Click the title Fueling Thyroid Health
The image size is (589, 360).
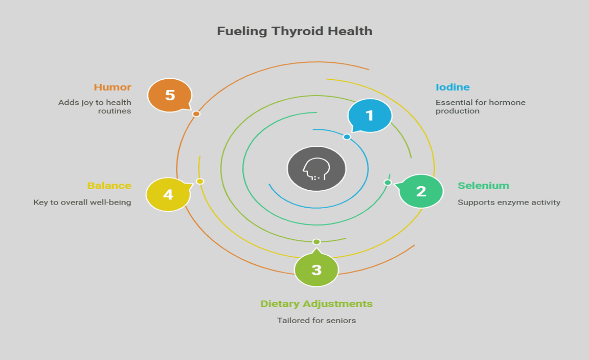pyautogui.click(x=294, y=31)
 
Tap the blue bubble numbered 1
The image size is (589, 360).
pyautogui.click(x=370, y=116)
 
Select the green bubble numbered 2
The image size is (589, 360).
pyautogui.click(x=421, y=191)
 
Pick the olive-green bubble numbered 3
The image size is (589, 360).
pyautogui.click(x=316, y=269)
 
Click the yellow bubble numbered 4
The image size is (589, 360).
pyautogui.click(x=168, y=194)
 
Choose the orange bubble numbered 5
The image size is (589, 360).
pyautogui.click(x=170, y=95)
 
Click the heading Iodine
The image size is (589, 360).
pyautogui.click(x=452, y=87)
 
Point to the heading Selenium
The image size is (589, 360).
pyautogui.click(x=483, y=186)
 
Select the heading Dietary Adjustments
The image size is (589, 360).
pyautogui.click(x=316, y=304)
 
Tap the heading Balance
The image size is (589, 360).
pyautogui.click(x=109, y=186)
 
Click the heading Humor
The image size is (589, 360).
pyautogui.click(x=112, y=87)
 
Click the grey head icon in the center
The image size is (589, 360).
pyautogui.click(x=316, y=169)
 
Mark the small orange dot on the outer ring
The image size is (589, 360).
pyautogui.click(x=196, y=114)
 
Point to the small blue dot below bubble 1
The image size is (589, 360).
pyautogui.click(x=347, y=137)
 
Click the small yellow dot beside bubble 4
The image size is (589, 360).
pyautogui.click(x=200, y=182)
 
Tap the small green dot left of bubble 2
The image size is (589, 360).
pyautogui.click(x=388, y=183)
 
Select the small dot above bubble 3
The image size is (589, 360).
pyautogui.click(x=316, y=242)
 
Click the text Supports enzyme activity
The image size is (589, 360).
pyautogui.click(x=509, y=202)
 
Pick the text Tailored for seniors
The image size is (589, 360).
pyautogui.click(x=316, y=321)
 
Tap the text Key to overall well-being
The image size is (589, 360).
pyautogui.click(x=82, y=202)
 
